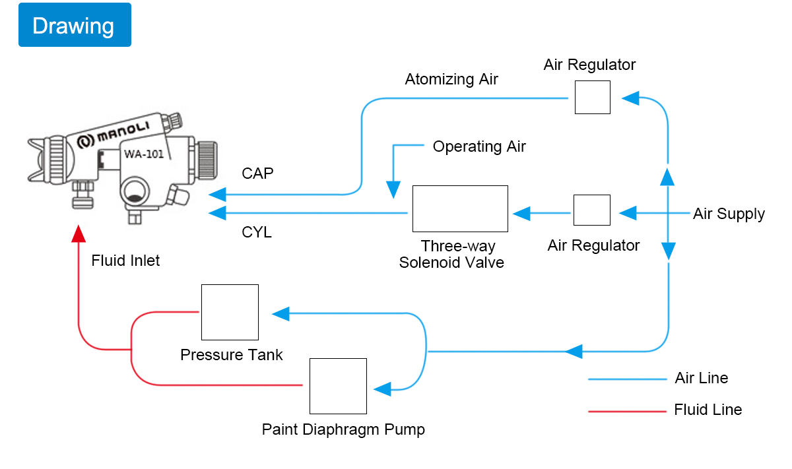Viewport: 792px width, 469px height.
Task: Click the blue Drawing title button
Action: (x=75, y=25)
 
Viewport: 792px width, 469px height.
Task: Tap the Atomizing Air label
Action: (x=451, y=79)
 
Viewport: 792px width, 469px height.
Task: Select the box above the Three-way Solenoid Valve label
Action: (x=460, y=208)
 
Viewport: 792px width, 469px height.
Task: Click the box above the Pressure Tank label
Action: (x=230, y=312)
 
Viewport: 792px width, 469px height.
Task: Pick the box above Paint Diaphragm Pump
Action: (x=338, y=386)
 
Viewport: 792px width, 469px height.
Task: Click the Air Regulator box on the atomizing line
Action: (x=592, y=98)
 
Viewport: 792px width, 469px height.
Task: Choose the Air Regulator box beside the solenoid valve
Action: (x=591, y=210)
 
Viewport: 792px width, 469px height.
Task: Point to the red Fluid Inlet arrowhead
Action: (x=79, y=234)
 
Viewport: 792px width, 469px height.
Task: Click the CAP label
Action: (x=257, y=173)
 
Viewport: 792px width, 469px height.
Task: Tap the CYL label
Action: (x=257, y=232)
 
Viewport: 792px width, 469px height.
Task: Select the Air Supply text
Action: (x=729, y=214)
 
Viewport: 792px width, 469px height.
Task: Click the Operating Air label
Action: (x=479, y=146)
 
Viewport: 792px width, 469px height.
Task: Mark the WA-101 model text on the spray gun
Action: (x=144, y=156)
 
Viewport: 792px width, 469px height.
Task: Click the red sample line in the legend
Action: (x=627, y=412)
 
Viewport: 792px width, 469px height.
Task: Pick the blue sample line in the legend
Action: (x=627, y=379)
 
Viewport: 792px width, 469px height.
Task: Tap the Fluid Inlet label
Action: (x=125, y=261)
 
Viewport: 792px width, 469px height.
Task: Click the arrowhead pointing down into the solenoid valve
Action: (x=394, y=190)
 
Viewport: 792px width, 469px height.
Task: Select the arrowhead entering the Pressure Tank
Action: (x=280, y=313)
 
